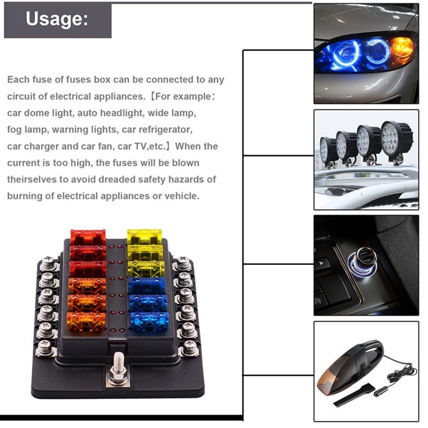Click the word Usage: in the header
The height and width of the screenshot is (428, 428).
tap(56, 19)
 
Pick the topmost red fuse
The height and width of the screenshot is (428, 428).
tap(88, 236)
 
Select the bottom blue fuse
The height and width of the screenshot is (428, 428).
tap(149, 321)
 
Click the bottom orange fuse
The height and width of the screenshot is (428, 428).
tap(86, 321)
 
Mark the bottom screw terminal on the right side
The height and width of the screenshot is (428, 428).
tap(188, 348)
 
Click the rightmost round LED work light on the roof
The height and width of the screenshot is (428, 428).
tap(397, 138)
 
